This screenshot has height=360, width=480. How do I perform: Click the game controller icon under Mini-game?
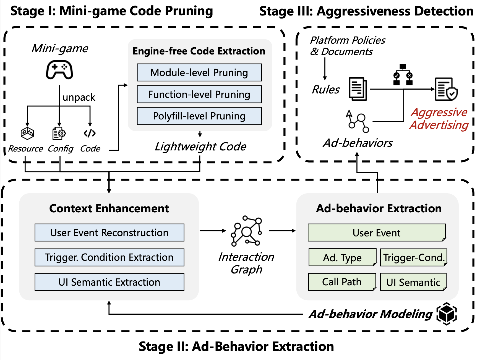(x=59, y=70)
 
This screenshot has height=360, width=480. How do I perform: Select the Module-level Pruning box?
(x=199, y=72)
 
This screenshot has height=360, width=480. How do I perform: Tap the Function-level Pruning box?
(x=199, y=94)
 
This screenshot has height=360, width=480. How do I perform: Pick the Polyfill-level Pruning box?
(x=199, y=116)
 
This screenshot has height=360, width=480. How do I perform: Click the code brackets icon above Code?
(x=90, y=133)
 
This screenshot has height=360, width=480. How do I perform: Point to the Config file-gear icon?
(x=59, y=133)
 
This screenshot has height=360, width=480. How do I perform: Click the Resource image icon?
(x=27, y=133)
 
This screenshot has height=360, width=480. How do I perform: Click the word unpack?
(x=79, y=97)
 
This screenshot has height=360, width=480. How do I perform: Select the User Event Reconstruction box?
(x=109, y=233)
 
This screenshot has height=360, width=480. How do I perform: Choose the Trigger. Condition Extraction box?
(x=109, y=257)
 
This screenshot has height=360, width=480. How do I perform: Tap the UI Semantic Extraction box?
(x=109, y=282)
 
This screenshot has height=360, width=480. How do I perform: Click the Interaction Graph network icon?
(x=246, y=231)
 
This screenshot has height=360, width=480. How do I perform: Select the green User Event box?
(x=377, y=233)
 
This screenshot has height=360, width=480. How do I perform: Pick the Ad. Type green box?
(x=342, y=258)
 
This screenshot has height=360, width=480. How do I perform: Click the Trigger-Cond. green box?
(x=414, y=258)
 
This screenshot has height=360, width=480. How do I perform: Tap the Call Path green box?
(x=342, y=282)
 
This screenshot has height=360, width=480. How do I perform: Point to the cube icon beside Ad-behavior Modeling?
(x=447, y=314)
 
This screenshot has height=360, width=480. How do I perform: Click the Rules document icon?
(x=358, y=89)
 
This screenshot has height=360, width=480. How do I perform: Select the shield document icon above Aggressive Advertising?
(x=446, y=89)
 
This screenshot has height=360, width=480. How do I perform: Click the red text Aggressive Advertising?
(x=439, y=118)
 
